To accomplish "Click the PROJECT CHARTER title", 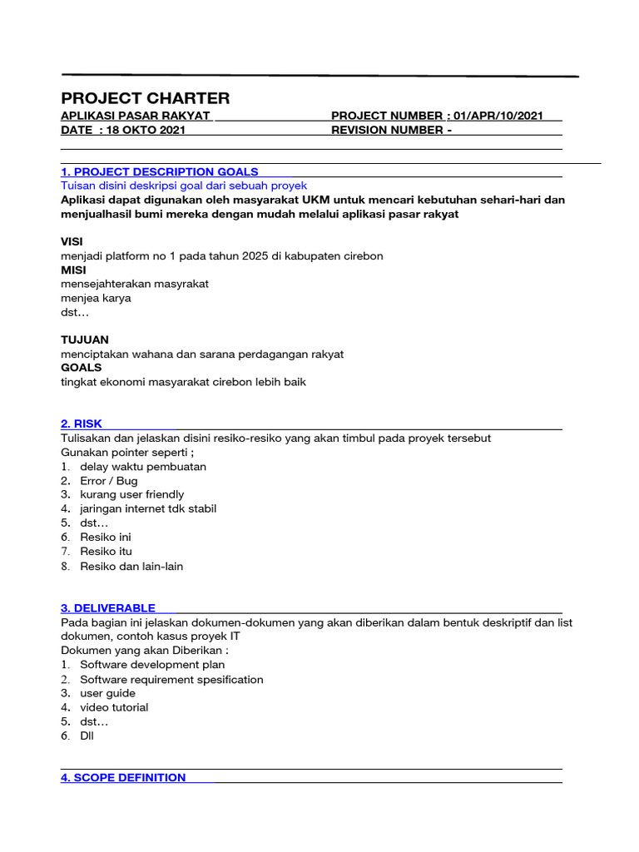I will tap(145, 98).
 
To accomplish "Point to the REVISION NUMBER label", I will tap(388, 130).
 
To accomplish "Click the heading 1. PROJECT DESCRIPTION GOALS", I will tap(159, 171).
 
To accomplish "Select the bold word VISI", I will tap(72, 241).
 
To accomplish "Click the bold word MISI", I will tap(73, 270).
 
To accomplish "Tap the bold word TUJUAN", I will tap(85, 340).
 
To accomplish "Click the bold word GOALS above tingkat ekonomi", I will tap(82, 368).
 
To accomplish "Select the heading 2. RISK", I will tap(82, 424).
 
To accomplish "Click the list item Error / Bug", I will tap(109, 481).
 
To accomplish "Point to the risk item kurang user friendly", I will tap(132, 494).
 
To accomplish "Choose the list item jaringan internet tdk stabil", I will tap(148, 508).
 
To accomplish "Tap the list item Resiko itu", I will tap(106, 551).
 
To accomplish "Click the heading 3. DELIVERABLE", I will tap(108, 608).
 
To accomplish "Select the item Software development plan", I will tap(152, 665).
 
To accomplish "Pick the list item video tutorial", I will tap(114, 707).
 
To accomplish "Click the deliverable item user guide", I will tap(107, 693).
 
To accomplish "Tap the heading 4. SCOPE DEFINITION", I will tap(123, 777).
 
